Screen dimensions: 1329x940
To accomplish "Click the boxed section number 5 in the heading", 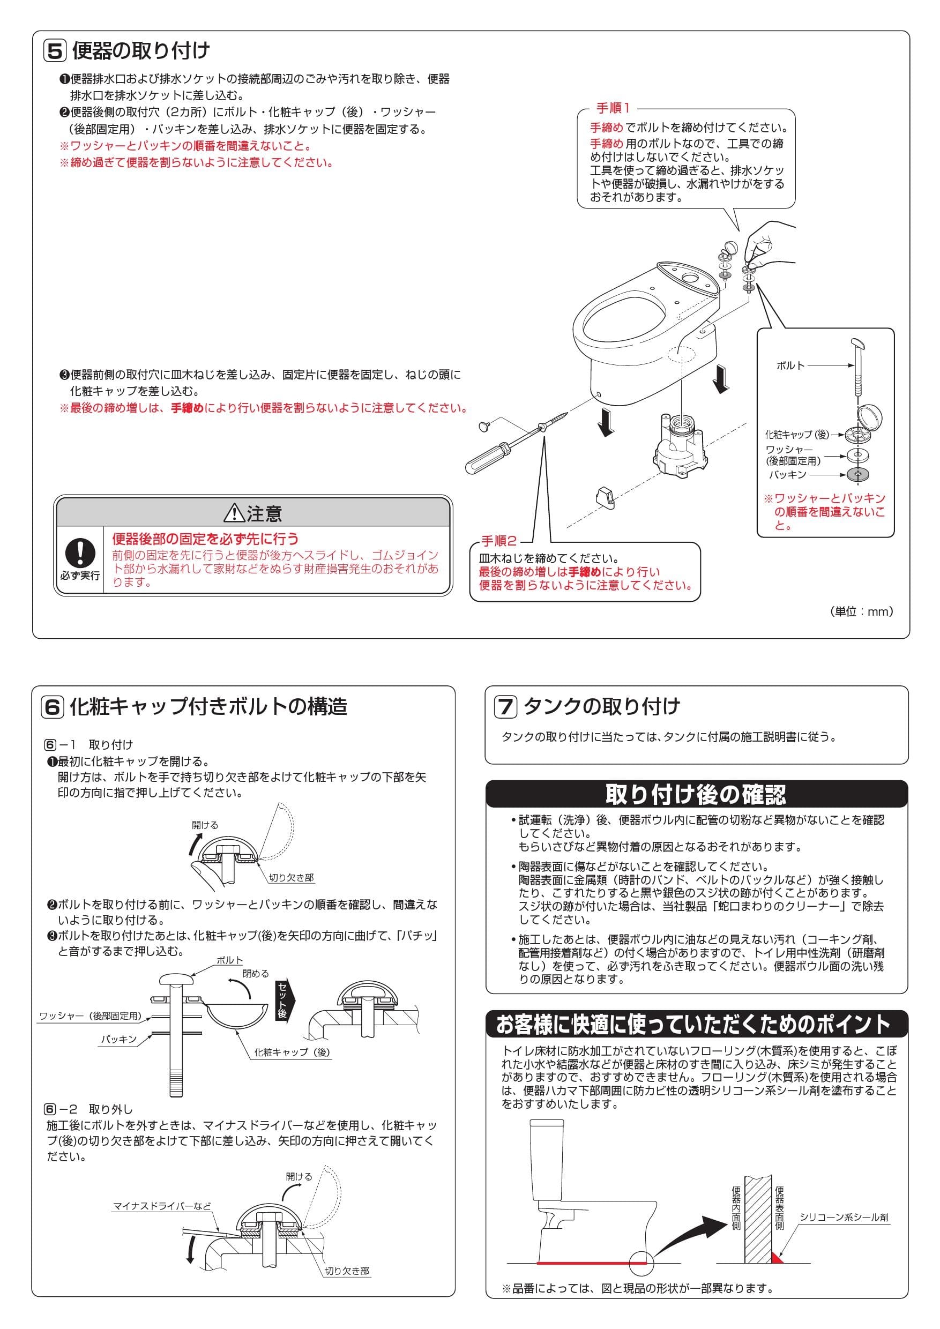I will [55, 51].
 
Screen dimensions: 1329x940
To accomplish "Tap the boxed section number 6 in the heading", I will [53, 707].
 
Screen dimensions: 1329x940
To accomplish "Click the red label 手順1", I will [613, 108].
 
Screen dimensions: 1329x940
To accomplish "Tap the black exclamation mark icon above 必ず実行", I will [79, 553].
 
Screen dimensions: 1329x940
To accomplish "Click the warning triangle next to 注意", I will [234, 513].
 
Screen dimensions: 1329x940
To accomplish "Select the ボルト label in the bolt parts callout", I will [790, 365].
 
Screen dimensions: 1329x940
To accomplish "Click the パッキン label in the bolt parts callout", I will [788, 475].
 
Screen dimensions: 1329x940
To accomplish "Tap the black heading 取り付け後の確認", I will [696, 795].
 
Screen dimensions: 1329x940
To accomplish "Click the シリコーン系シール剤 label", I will [844, 1218].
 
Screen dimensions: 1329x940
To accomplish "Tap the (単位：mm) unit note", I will [862, 611].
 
